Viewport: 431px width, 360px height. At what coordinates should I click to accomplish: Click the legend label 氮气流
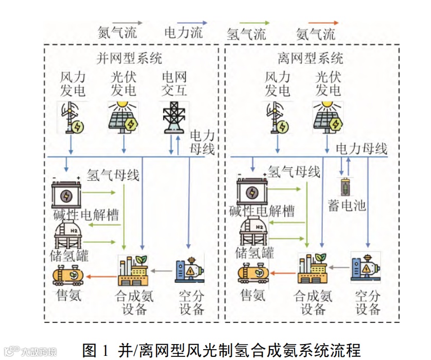coord(117,33)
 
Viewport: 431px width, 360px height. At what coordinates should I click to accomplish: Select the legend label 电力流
coord(183,33)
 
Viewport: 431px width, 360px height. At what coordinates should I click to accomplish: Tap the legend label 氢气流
coord(247,35)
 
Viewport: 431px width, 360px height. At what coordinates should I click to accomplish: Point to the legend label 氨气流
coord(316,35)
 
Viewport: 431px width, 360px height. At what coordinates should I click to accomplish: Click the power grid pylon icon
coord(174,118)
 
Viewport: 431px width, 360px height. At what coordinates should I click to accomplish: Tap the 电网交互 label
coord(174,84)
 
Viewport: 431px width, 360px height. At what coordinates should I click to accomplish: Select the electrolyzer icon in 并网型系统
coord(66,194)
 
